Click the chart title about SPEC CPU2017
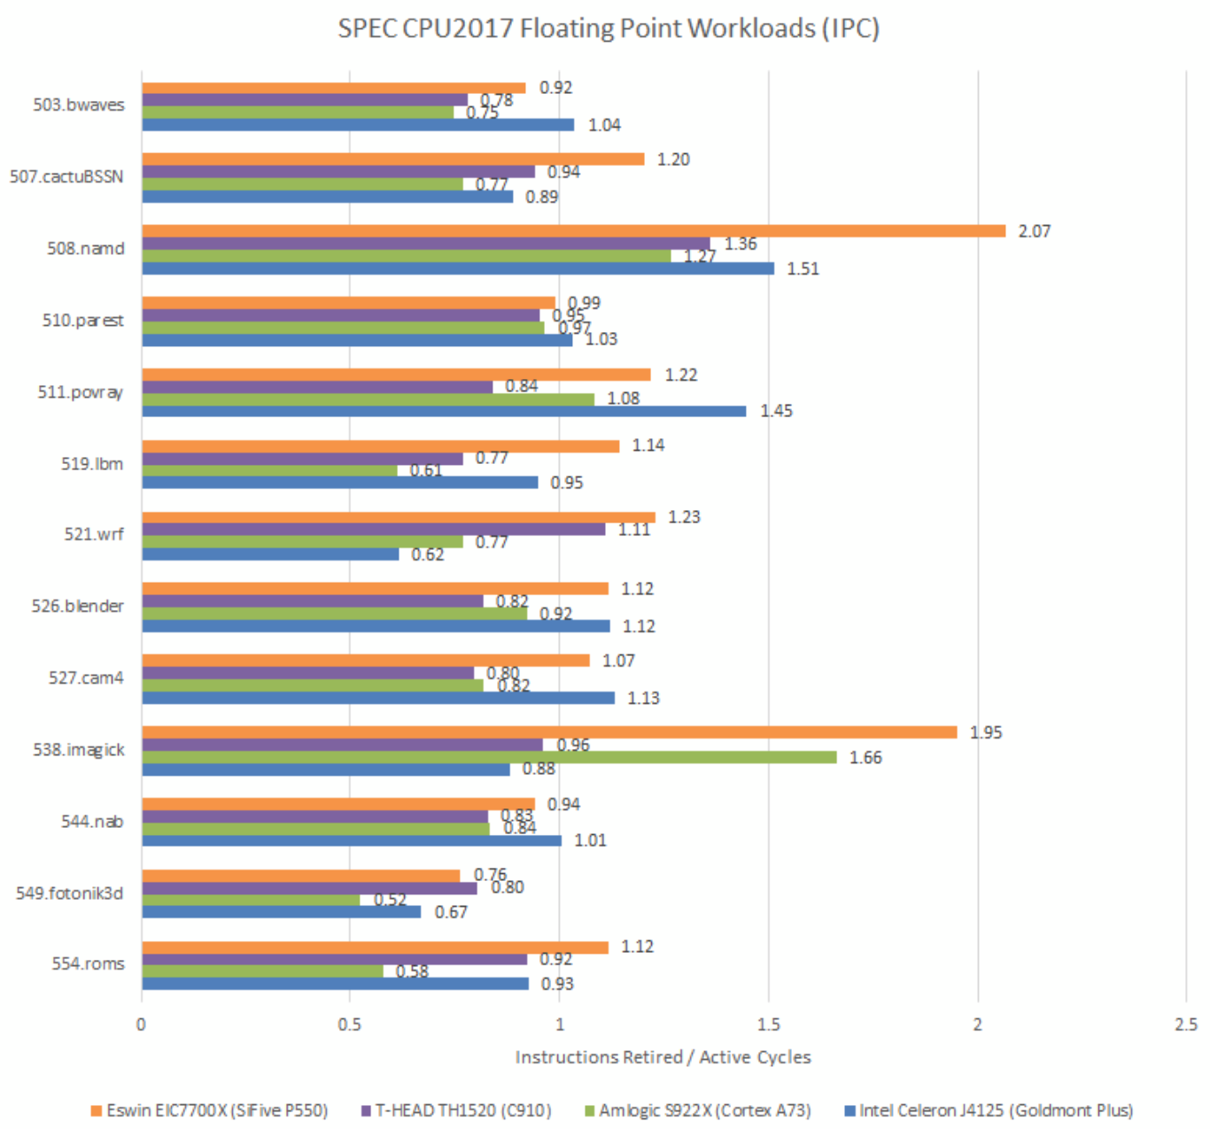click(608, 28)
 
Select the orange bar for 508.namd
click(573, 231)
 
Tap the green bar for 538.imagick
click(489, 757)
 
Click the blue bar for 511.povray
click(444, 411)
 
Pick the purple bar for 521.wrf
click(373, 530)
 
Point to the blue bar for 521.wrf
click(270, 554)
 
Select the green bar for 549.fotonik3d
click(251, 900)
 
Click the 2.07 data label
click(1034, 231)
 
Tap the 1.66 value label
click(865, 757)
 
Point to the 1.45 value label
click(776, 411)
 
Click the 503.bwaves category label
click(79, 104)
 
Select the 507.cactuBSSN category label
click(66, 176)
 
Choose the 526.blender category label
click(78, 607)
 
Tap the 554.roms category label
click(88, 963)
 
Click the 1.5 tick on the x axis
click(768, 1025)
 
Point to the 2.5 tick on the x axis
click(1185, 1025)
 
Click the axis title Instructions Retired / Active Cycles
click(663, 1057)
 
